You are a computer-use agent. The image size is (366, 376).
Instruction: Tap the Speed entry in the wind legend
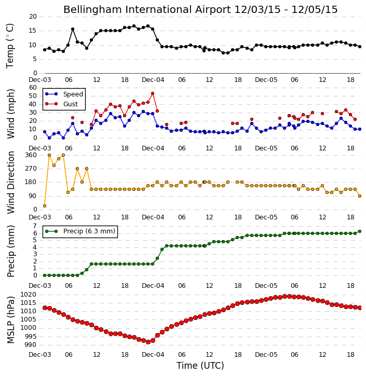tap(64, 94)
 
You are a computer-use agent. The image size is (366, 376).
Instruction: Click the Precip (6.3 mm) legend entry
tap(80, 231)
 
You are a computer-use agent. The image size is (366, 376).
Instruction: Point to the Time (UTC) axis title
tap(200, 366)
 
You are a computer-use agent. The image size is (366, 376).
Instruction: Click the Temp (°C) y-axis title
tap(10, 46)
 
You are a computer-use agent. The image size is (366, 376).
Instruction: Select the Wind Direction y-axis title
tap(11, 183)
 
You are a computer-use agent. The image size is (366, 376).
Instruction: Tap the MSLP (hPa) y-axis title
tap(11, 319)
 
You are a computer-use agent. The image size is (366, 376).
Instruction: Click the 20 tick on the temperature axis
tap(33, 17)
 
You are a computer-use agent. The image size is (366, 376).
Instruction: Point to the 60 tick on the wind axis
tap(33, 88)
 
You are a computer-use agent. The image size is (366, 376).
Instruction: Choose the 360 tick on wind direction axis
tap(31, 155)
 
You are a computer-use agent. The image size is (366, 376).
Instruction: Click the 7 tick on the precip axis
tap(35, 226)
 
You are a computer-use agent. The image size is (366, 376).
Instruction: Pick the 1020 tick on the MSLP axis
tap(29, 295)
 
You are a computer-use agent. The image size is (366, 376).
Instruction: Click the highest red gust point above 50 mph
tap(153, 93)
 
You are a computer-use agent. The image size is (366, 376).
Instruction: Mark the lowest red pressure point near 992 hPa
tap(148, 342)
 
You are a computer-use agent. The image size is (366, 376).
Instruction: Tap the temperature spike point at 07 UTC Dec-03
tap(73, 29)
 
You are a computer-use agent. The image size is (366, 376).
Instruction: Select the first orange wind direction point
tap(45, 206)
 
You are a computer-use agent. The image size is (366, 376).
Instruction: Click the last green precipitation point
tap(360, 231)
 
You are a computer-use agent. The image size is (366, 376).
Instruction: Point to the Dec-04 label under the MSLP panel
tap(153, 355)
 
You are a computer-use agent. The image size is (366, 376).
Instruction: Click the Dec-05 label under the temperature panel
tap(266, 80)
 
